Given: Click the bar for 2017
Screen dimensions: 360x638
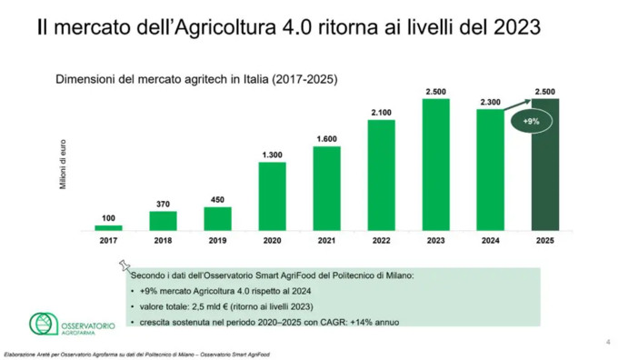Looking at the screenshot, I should pyautogui.click(x=108, y=227).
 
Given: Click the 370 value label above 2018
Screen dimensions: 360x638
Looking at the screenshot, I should pyautogui.click(x=163, y=205).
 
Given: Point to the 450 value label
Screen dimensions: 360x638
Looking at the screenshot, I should pyautogui.click(x=217, y=200).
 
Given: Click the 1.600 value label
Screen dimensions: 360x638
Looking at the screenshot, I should pyautogui.click(x=326, y=139).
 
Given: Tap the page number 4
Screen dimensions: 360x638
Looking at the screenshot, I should pyautogui.click(x=607, y=342).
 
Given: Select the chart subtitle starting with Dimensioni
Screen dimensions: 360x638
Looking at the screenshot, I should pyautogui.click(x=196, y=79).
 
